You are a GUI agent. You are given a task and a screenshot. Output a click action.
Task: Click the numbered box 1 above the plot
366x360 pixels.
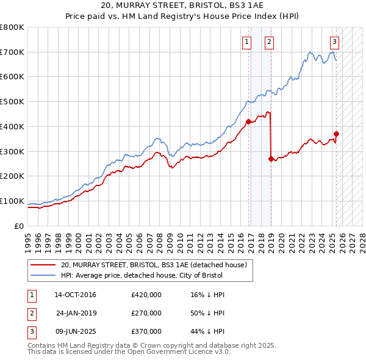pos(246,42)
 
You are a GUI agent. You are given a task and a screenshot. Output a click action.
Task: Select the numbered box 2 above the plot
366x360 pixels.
pos(269,42)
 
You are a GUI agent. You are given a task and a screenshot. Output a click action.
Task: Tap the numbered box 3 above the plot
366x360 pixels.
pos(335,42)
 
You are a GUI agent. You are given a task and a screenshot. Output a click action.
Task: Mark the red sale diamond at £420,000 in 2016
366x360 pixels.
pos(248,121)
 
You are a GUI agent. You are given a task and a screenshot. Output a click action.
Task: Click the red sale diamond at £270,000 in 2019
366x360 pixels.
pos(271,159)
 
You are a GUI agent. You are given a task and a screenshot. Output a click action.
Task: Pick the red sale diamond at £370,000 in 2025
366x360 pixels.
pos(336,134)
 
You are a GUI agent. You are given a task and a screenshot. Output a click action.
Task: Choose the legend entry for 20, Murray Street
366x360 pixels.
pos(153,265)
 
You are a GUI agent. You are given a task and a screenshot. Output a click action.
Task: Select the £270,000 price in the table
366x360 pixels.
pos(146,313)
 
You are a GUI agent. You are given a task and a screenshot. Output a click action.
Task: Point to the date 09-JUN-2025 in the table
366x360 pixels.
pos(75,331)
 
